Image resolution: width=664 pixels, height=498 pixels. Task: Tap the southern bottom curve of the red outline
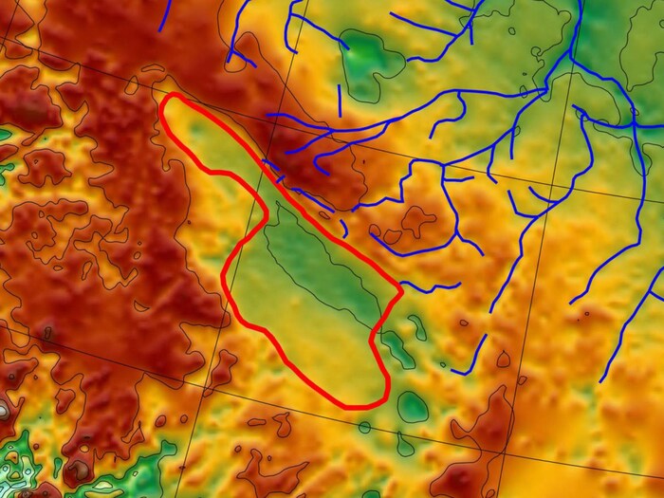coord(361,406)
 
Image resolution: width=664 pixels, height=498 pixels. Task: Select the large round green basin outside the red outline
coord(413,407)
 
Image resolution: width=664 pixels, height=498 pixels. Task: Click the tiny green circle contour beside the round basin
coord(364,427)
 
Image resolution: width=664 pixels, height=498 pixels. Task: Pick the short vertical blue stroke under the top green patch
coord(340,100)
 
